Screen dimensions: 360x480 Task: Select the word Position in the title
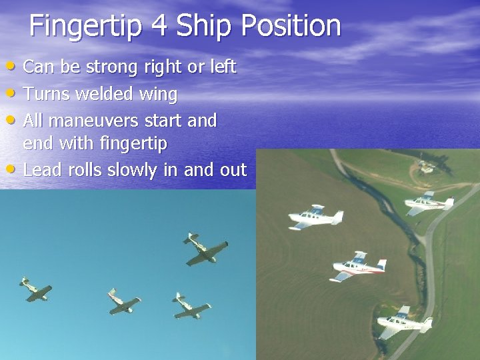(x=291, y=27)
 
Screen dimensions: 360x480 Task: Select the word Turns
(x=46, y=94)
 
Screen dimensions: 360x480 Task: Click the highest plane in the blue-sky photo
(x=204, y=249)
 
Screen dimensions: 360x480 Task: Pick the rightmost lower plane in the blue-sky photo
(x=191, y=305)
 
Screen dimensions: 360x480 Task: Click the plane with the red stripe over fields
(x=359, y=266)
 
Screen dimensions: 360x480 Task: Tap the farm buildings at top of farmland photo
(x=426, y=166)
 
